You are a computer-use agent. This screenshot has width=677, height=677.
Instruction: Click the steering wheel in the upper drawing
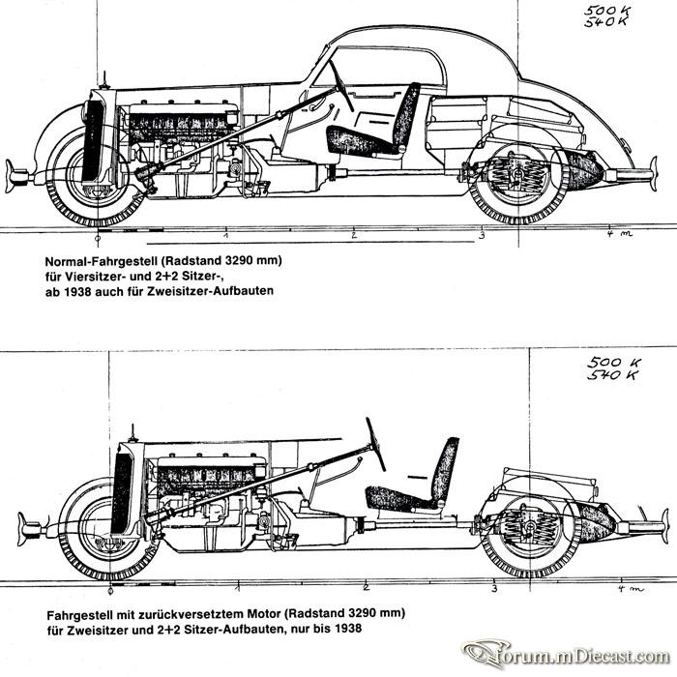(341, 85)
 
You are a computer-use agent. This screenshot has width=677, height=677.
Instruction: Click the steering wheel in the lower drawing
(375, 444)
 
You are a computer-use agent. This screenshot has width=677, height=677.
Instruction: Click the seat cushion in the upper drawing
(362, 140)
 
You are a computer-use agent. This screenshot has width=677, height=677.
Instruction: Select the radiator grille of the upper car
(93, 141)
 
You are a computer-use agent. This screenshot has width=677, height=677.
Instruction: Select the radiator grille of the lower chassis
(122, 493)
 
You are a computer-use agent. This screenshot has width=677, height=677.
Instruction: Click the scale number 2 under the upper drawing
(354, 235)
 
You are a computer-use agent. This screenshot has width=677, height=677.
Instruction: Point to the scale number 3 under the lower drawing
(494, 589)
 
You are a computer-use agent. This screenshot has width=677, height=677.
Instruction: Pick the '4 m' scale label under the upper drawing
(620, 234)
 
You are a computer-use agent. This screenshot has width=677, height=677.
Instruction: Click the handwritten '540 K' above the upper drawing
(605, 21)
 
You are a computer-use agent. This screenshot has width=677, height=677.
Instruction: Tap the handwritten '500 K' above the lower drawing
(613, 363)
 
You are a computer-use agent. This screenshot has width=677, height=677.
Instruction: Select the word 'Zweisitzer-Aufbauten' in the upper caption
(210, 290)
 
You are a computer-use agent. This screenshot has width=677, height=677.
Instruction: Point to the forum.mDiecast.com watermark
(566, 656)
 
